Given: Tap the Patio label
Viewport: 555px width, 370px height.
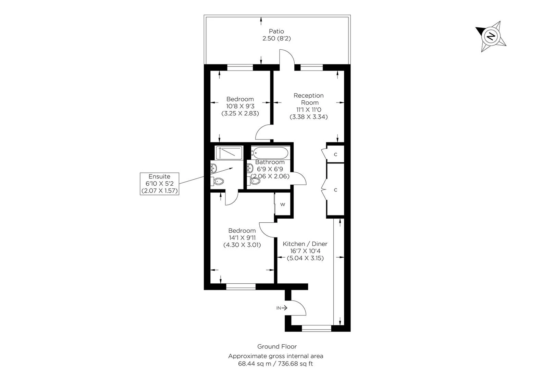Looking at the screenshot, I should pos(276,31).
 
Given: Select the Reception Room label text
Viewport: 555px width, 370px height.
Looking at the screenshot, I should pos(308,99).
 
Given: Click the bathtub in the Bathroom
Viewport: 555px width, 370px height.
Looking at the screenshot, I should pos(270,151).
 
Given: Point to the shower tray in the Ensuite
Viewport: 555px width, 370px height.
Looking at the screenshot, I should pos(229,153).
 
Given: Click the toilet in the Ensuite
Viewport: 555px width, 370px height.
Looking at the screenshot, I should pos(218,181).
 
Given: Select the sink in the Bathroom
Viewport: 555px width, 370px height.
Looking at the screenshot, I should pos(250,168).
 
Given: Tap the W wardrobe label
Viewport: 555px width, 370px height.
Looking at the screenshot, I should pos(283,205).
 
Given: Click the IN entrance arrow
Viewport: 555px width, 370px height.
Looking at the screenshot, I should pos(282,308).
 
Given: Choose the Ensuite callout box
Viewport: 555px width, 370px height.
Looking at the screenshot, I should pos(160,184).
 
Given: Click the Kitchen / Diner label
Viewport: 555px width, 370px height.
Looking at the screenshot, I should pos(305,244).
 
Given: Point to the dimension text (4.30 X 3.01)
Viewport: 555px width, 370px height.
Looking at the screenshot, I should pos(242,245).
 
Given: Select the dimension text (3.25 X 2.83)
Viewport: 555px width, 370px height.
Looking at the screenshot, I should pos(240,113).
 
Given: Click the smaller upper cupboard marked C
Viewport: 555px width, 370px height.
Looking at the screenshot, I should pos(335,155).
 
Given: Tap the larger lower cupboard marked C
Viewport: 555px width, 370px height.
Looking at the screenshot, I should pos(335,190).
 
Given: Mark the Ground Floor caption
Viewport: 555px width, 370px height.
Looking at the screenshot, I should pos(277,347).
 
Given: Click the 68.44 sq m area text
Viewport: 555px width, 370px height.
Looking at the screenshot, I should pos(252,363).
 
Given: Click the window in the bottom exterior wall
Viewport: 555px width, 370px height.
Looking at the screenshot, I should pos(316,328).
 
